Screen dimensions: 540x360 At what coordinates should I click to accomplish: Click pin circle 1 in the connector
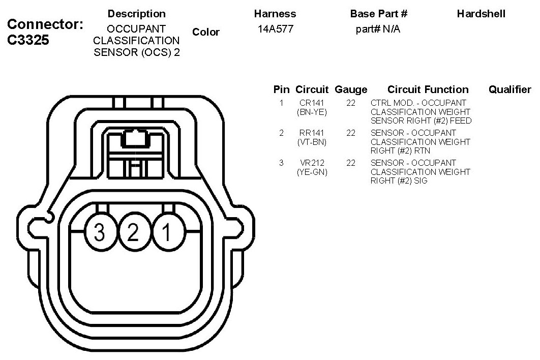point(168,231)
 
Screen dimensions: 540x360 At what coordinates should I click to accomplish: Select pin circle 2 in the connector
point(134,231)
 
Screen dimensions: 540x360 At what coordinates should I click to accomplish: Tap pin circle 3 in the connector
point(101,231)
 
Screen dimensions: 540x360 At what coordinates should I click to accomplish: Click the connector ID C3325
point(28,40)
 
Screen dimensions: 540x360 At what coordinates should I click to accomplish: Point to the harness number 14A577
point(276,29)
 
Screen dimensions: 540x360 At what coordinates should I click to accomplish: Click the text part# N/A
point(378,29)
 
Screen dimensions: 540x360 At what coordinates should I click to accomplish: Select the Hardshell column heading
point(481,14)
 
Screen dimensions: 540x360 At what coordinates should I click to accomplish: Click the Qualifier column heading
point(509,89)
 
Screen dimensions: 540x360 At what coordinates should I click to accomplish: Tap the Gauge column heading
point(351,89)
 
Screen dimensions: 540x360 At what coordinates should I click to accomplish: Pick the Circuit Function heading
point(428,89)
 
